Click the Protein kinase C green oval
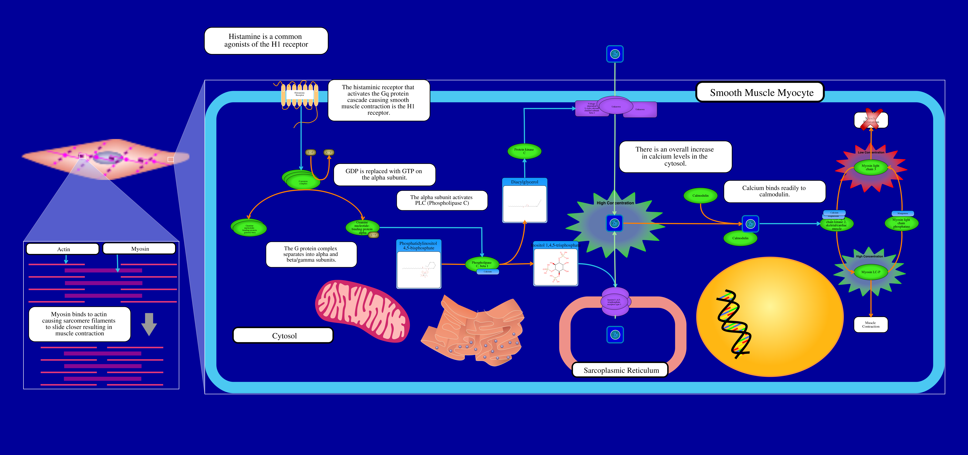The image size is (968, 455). [524, 151]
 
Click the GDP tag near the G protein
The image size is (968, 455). [310, 152]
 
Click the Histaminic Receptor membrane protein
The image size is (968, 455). [300, 95]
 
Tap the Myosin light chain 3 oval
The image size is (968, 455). [870, 167]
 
